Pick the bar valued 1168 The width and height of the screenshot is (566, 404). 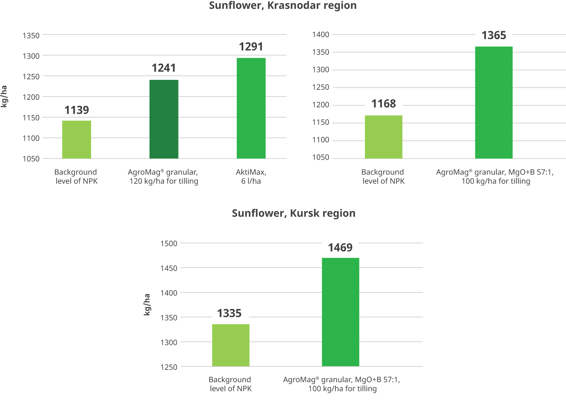[384, 137]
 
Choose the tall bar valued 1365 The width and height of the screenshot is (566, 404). [494, 102]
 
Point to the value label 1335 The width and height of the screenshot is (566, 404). [229, 313]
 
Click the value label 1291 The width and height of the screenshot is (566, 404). [251, 47]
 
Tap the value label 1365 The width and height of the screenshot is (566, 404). [494, 35]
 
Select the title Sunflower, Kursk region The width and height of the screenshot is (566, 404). [294, 213]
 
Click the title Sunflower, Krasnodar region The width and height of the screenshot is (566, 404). [283, 6]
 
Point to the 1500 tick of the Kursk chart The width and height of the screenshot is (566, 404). [169, 243]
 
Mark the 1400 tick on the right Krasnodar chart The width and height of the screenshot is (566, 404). [321, 34]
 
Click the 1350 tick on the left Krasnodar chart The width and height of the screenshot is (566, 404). [31, 35]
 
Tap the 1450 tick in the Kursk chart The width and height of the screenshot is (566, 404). [169, 268]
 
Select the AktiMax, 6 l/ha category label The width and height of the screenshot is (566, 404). [251, 176]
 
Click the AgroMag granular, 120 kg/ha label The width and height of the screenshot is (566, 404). [163, 176]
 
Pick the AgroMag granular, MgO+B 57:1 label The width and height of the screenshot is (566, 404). [495, 176]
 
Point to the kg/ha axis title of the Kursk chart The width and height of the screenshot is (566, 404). [147, 305]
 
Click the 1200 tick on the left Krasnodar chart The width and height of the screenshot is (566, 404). [31, 97]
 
